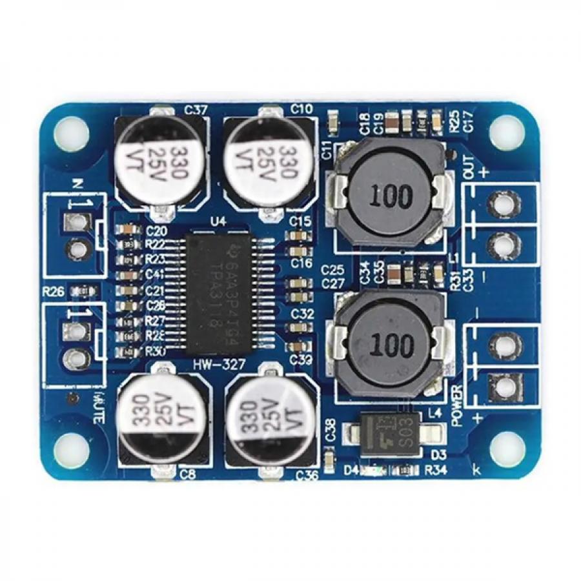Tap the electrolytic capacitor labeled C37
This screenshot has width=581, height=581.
click(x=159, y=158)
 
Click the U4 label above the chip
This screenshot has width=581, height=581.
click(x=219, y=222)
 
